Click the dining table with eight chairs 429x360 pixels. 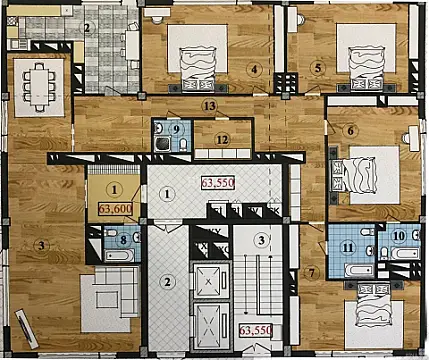pyautogui.click(x=41, y=84)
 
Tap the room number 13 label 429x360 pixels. pyautogui.click(x=208, y=105)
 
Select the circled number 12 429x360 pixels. pyautogui.click(x=222, y=139)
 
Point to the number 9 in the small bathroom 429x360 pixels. pyautogui.click(x=175, y=129)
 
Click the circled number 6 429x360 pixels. pyautogui.click(x=352, y=130)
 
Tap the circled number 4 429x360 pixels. pyautogui.click(x=256, y=69)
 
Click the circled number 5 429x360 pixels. pyautogui.click(x=317, y=68)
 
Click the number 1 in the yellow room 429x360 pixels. pyautogui.click(x=114, y=188)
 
